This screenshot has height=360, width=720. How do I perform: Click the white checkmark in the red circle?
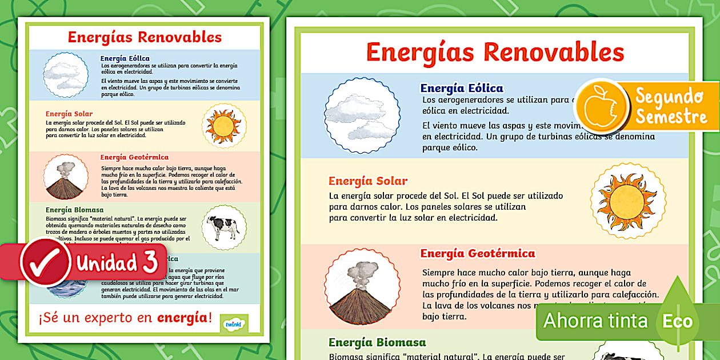click(45, 262)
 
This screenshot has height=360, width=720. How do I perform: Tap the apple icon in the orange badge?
click(595, 106)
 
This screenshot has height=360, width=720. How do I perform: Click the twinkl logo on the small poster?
click(234, 324)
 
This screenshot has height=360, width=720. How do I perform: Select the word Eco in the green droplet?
click(677, 321)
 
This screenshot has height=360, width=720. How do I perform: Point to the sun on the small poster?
click(224, 126)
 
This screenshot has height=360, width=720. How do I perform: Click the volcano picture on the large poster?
click(362, 286)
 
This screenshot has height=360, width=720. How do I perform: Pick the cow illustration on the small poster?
click(223, 227)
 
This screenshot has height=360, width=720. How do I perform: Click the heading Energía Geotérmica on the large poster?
click(478, 253)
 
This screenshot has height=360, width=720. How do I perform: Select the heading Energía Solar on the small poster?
click(69, 114)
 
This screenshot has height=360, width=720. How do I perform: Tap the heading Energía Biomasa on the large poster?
click(377, 343)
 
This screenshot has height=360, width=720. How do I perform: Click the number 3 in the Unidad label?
click(150, 262)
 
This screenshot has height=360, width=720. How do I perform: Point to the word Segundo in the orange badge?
click(669, 96)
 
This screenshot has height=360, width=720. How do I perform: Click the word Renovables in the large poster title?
click(554, 52)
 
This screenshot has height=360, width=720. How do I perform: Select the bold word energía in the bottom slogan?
click(181, 318)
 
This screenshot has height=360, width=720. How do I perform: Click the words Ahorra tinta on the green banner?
click(595, 321)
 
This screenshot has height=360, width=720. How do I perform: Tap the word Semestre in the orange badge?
click(671, 117)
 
